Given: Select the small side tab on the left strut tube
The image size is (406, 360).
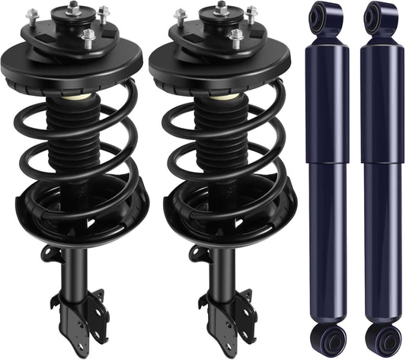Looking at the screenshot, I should [x=49, y=253].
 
